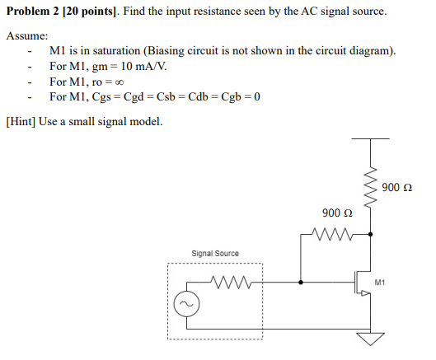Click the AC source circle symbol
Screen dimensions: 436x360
tap(186, 304)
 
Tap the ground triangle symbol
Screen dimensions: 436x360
tap(370, 339)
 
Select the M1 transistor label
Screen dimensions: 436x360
tap(380, 283)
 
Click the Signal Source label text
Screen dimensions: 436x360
tap(215, 253)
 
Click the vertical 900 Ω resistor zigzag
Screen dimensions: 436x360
tap(371, 187)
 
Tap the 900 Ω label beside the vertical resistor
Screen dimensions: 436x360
tap(396, 187)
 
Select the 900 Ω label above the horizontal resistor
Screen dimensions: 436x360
tap(337, 213)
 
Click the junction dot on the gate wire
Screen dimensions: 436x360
tap(301, 283)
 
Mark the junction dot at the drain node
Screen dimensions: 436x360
tap(370, 234)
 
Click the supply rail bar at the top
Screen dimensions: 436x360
tap(370, 138)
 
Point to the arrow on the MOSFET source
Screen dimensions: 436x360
tap(366, 292)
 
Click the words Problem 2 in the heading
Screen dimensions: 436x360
tap(33, 11)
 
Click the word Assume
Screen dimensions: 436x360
tap(27, 35)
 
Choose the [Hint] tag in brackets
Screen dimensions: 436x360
tap(21, 122)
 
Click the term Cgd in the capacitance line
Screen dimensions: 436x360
tap(134, 96)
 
